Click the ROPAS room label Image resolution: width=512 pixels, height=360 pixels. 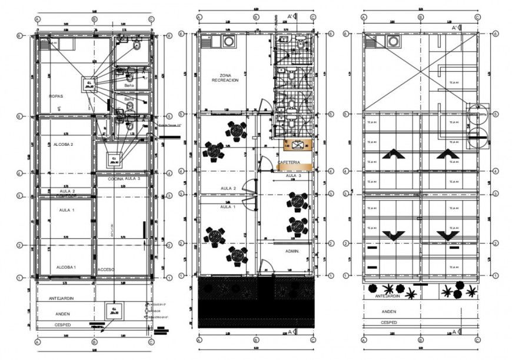click(x=56, y=95)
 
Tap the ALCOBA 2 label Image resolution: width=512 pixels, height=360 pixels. click(x=63, y=144)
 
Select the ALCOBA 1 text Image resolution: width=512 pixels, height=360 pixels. click(x=67, y=268)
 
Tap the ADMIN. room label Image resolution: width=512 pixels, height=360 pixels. click(x=293, y=251)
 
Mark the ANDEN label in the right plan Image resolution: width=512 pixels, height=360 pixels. click(x=388, y=312)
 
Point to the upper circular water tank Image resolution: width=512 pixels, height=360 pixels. click(x=477, y=116)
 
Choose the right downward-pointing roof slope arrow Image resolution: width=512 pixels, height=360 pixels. click(x=448, y=235)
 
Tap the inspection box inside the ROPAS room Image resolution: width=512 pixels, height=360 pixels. click(x=90, y=84)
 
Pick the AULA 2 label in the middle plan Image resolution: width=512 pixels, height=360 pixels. click(x=227, y=188)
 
